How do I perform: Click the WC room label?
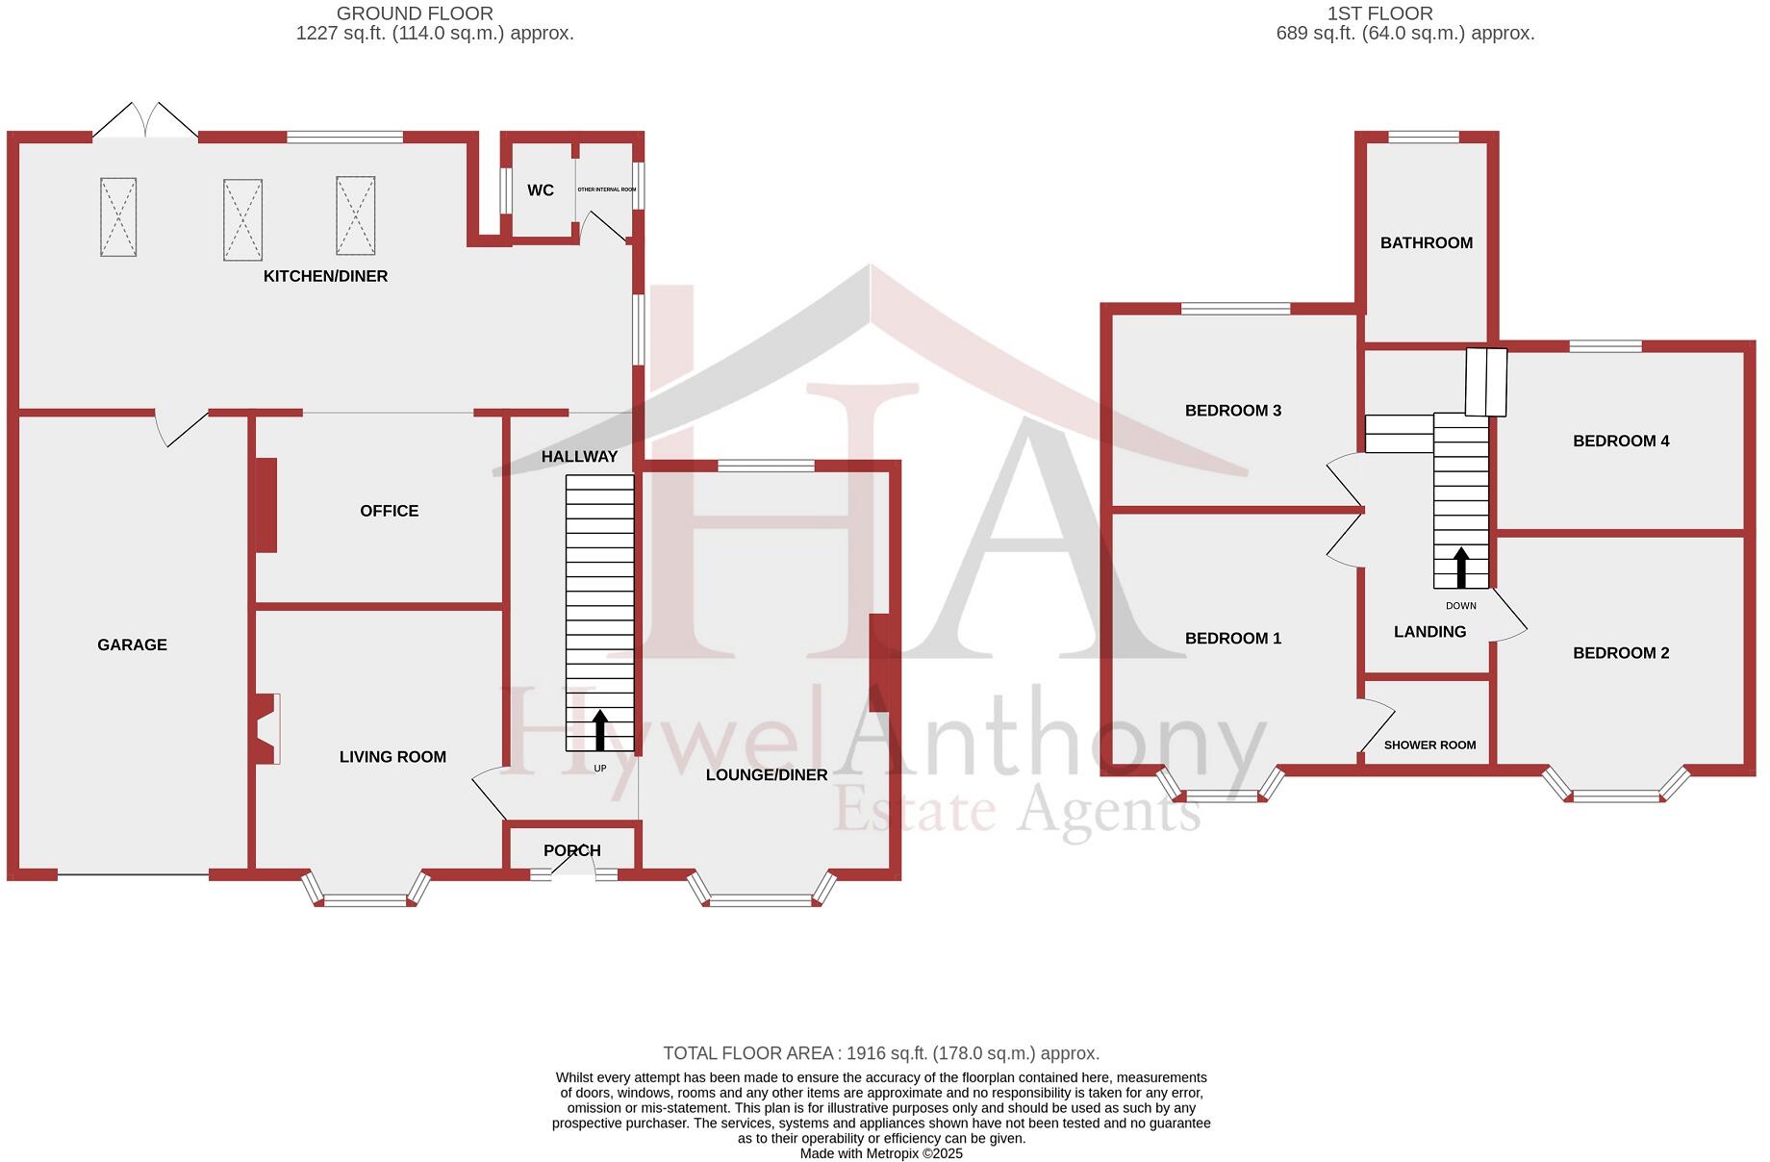click(x=540, y=190)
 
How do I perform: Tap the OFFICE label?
click(x=389, y=511)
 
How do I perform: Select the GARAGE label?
click(x=132, y=644)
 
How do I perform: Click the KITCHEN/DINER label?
click(x=325, y=276)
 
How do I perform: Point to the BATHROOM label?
click(x=1426, y=242)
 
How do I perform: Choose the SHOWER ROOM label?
click(x=1429, y=745)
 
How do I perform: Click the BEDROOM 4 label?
click(x=1620, y=441)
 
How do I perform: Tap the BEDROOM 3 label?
click(x=1232, y=411)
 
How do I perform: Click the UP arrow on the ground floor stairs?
click(x=599, y=730)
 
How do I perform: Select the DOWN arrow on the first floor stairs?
click(x=1460, y=568)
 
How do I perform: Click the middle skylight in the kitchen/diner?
click(x=242, y=219)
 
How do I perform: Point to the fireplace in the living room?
click(x=266, y=729)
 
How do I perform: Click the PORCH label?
click(x=571, y=850)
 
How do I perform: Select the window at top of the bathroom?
click(x=1424, y=138)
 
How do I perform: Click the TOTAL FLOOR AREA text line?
click(x=880, y=1053)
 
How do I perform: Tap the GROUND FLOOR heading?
click(x=415, y=13)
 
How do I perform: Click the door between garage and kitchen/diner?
click(x=183, y=426)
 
